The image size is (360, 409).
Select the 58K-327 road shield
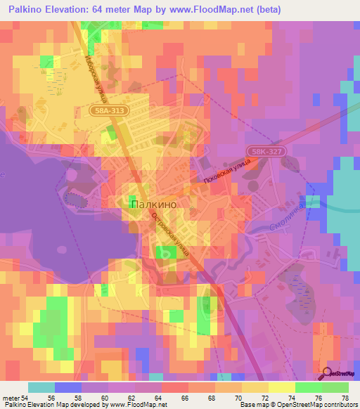266,151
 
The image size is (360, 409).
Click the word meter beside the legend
11,397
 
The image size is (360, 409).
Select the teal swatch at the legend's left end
41,387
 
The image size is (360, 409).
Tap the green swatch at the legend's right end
335,387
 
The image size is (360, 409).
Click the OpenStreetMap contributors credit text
309,405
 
